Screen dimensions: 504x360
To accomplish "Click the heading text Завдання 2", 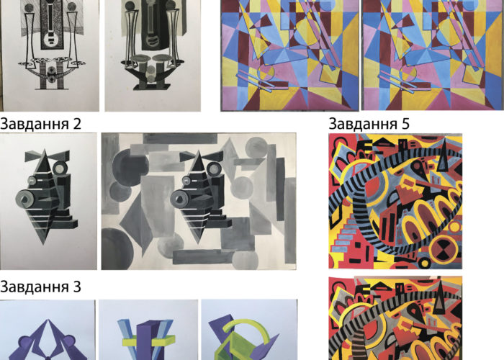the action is (40, 123).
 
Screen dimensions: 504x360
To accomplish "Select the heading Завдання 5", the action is (369, 123).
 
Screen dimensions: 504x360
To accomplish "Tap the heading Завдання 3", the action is (40, 287).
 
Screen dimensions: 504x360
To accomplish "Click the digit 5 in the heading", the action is (405, 124).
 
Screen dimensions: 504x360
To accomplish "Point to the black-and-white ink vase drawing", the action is (50, 55).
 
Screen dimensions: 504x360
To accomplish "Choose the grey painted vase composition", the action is (153, 55).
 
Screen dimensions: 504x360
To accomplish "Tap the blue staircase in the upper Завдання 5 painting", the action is (346, 237).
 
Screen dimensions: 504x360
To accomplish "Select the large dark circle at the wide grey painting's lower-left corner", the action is (117, 248).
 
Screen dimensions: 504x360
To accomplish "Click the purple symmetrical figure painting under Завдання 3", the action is (48, 330).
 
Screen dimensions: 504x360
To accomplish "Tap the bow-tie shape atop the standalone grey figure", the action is (48, 156).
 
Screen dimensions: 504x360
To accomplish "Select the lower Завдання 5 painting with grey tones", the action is (395, 318).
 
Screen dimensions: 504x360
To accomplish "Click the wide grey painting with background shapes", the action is (199, 201).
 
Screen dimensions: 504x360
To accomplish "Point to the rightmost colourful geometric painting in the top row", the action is (433, 55).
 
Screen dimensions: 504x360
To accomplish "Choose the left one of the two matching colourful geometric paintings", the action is (289, 55).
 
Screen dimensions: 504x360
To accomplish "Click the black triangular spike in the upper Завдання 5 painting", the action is (444, 156).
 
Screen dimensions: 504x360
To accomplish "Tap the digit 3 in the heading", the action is (77, 287).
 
